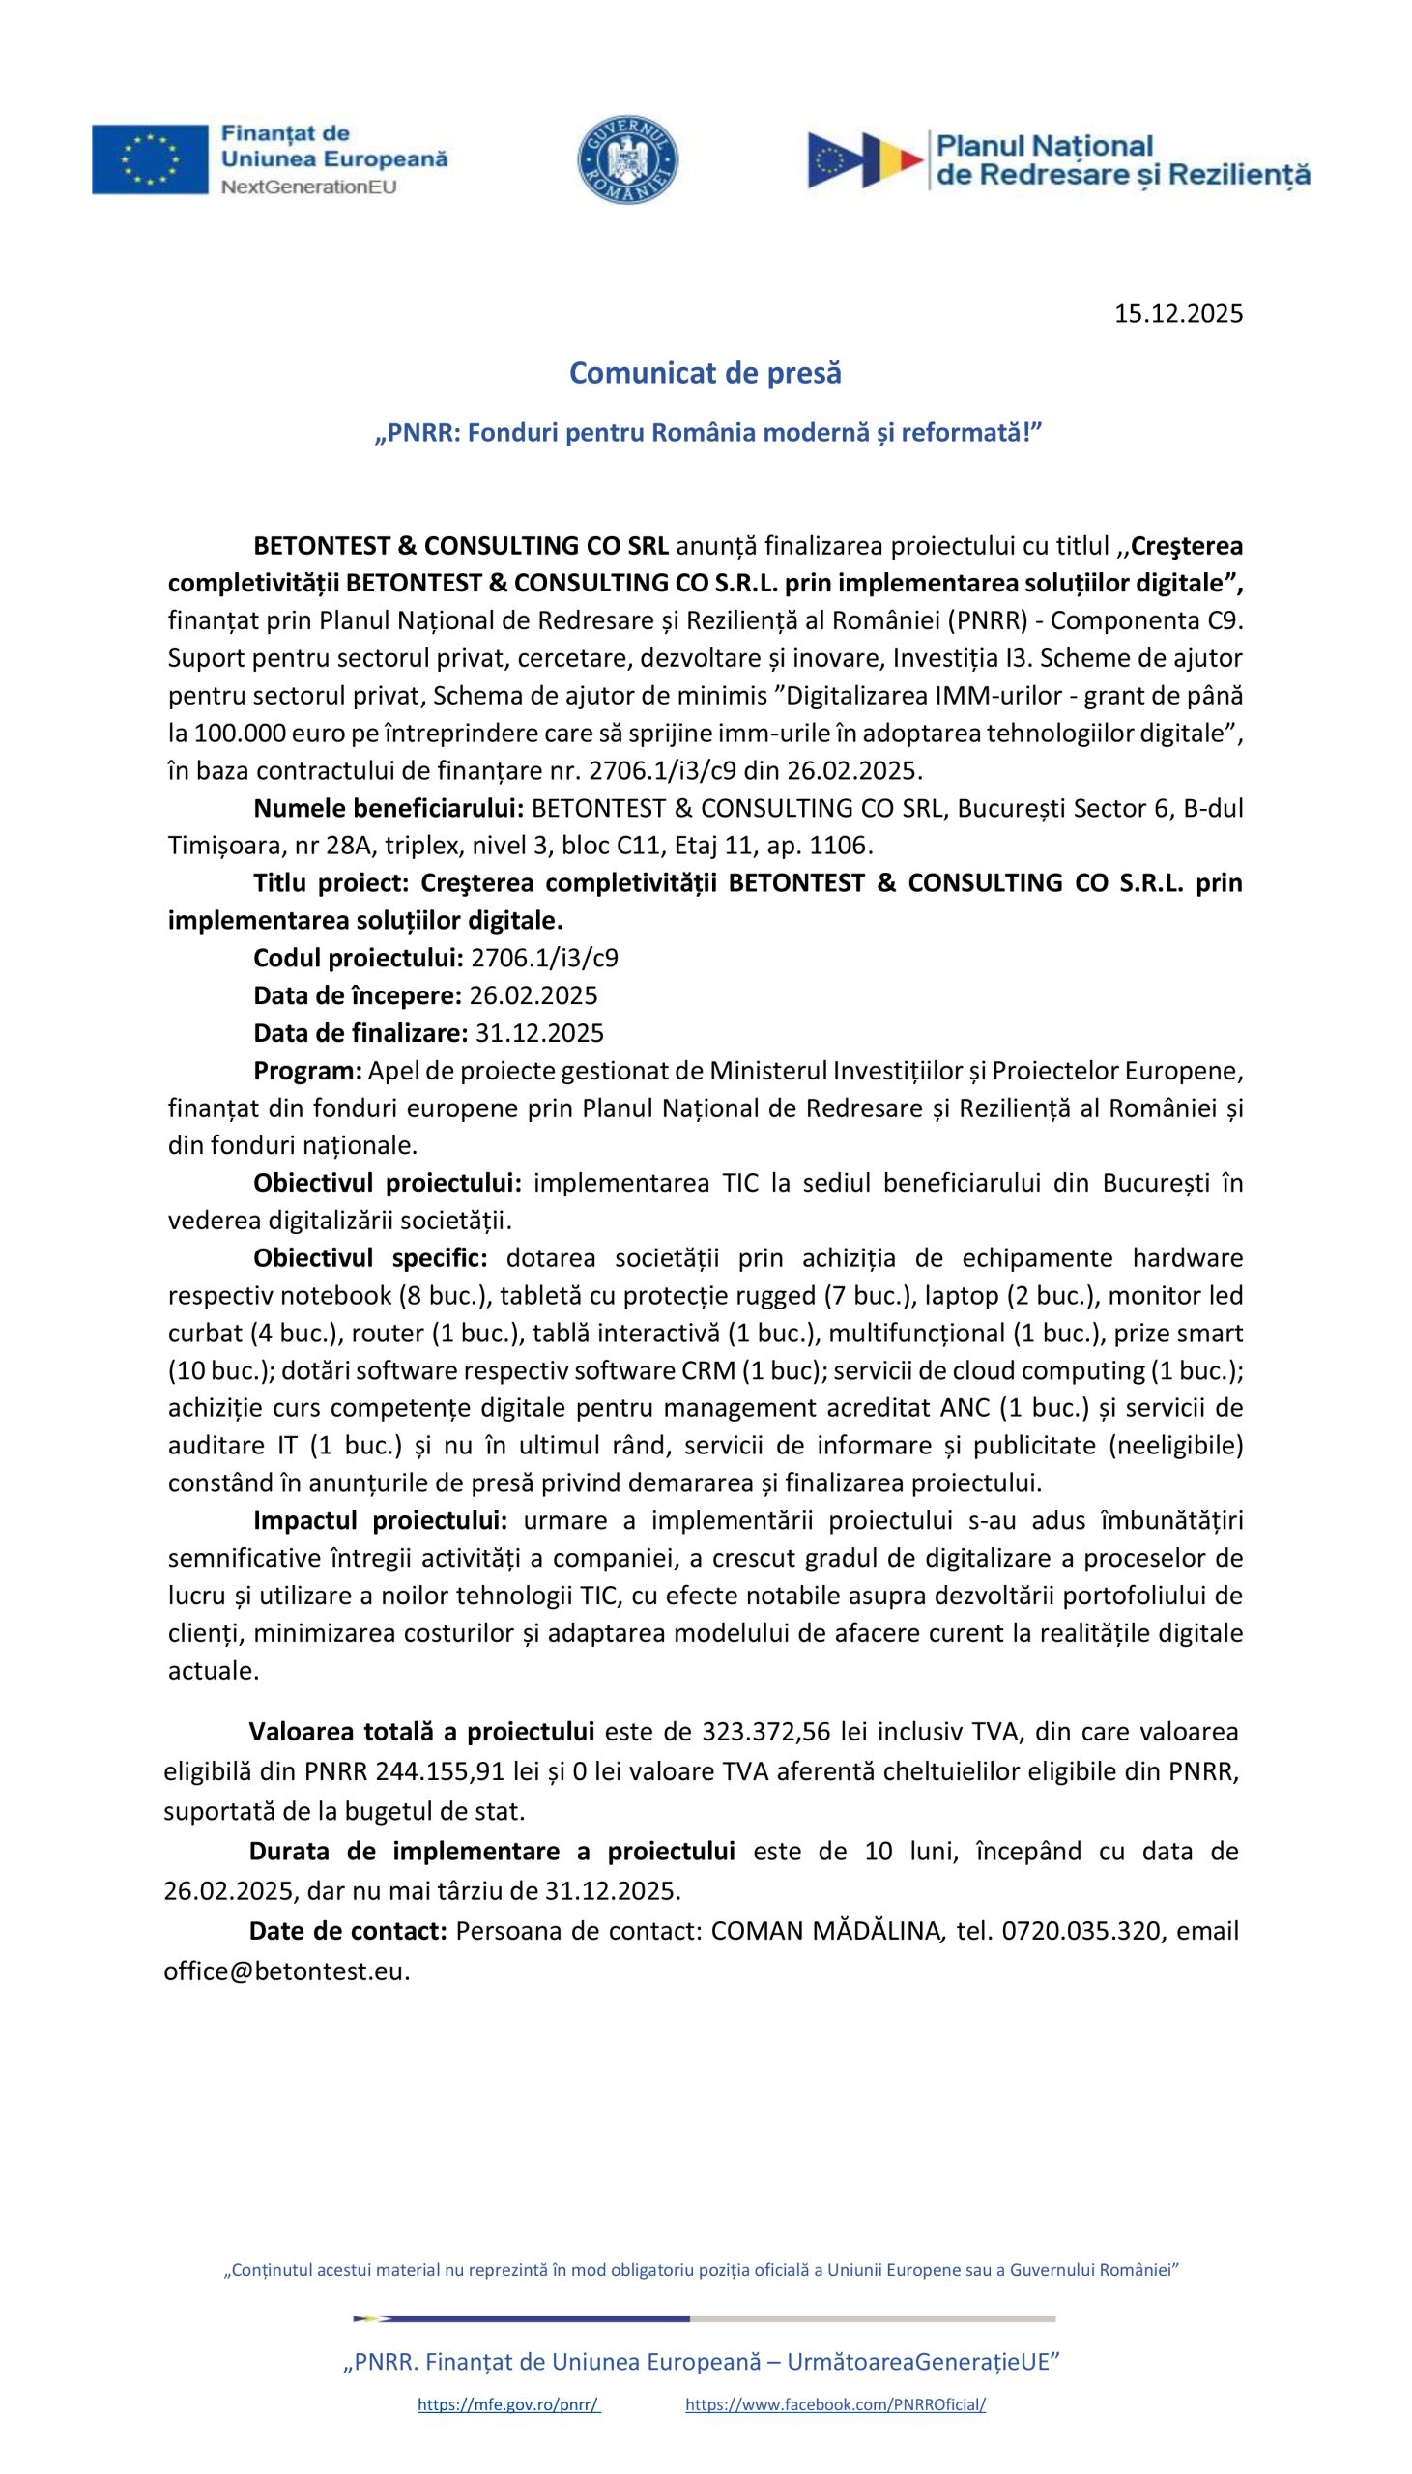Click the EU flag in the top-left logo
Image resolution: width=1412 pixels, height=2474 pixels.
click(150, 159)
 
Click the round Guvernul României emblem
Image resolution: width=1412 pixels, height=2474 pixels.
click(627, 160)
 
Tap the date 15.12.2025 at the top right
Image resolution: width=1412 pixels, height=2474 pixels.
click(1177, 313)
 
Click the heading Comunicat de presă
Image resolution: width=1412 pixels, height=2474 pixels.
click(705, 372)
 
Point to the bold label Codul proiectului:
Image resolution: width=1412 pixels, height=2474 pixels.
click(358, 958)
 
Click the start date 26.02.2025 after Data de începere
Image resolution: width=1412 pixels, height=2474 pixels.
click(533, 995)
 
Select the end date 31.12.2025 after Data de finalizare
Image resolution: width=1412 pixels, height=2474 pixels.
click(539, 1032)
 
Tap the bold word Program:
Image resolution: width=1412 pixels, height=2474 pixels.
click(307, 1070)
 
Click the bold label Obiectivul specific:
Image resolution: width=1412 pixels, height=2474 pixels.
click(369, 1257)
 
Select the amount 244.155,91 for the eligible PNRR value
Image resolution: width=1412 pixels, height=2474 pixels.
click(441, 1771)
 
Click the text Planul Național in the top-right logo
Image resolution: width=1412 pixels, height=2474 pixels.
click(1043, 146)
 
